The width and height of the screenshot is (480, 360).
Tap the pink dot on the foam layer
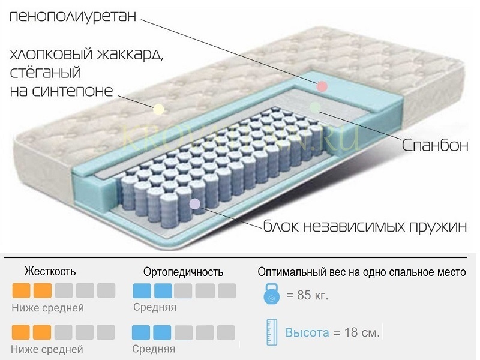tap(322, 86)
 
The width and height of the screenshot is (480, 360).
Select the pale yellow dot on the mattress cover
tap(158, 109)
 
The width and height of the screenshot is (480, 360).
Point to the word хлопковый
tap(49, 55)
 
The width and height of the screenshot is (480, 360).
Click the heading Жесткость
tap(50, 272)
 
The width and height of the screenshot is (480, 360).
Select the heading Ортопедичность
tap(184, 272)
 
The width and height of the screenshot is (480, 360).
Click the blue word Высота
tap(307, 332)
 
